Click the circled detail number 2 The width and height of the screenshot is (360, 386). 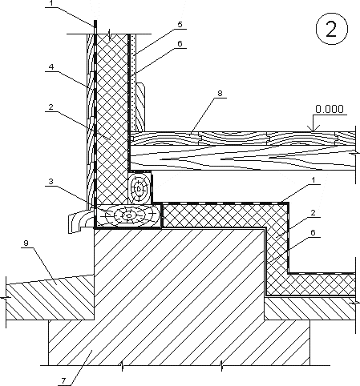(332, 29)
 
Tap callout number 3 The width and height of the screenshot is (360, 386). (51, 182)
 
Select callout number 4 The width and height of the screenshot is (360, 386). (51, 66)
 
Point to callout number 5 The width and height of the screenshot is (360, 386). (180, 25)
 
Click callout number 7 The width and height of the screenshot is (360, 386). (63, 381)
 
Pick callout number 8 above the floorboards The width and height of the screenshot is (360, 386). (220, 94)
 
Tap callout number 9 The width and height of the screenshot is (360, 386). (26, 243)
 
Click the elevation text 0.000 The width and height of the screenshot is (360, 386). (330, 109)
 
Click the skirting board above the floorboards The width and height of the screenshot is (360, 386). (140, 107)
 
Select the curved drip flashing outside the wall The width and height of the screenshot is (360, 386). (79, 220)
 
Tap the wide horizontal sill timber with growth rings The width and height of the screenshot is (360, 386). (128, 215)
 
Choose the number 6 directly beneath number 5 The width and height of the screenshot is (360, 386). (180, 43)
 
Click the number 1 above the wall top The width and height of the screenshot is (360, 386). (51, 2)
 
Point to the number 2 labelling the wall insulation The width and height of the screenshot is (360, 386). (51, 107)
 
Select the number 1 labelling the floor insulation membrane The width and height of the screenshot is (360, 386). (313, 180)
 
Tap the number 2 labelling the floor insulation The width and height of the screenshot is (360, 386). (313, 213)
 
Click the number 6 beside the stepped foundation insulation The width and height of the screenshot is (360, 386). (313, 233)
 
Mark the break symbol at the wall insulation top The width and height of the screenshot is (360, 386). (109, 34)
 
